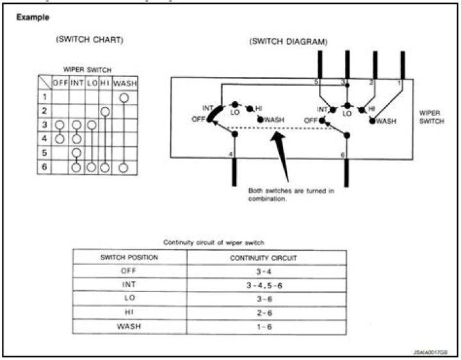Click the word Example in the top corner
coord(33,17)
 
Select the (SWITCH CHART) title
coord(90,40)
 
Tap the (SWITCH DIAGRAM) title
coord(288,42)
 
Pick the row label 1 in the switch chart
coord(44,97)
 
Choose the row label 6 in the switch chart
coord(44,167)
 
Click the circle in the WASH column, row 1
coord(124,97)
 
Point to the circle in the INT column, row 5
coord(77,153)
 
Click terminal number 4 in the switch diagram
coord(231,154)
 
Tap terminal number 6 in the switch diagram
coord(343,155)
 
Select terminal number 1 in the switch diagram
coord(399,83)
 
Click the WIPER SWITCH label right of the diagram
coord(430,116)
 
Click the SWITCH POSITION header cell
coord(129,258)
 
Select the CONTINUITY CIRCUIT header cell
coord(266,258)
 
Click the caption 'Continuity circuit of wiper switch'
coord(214,243)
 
